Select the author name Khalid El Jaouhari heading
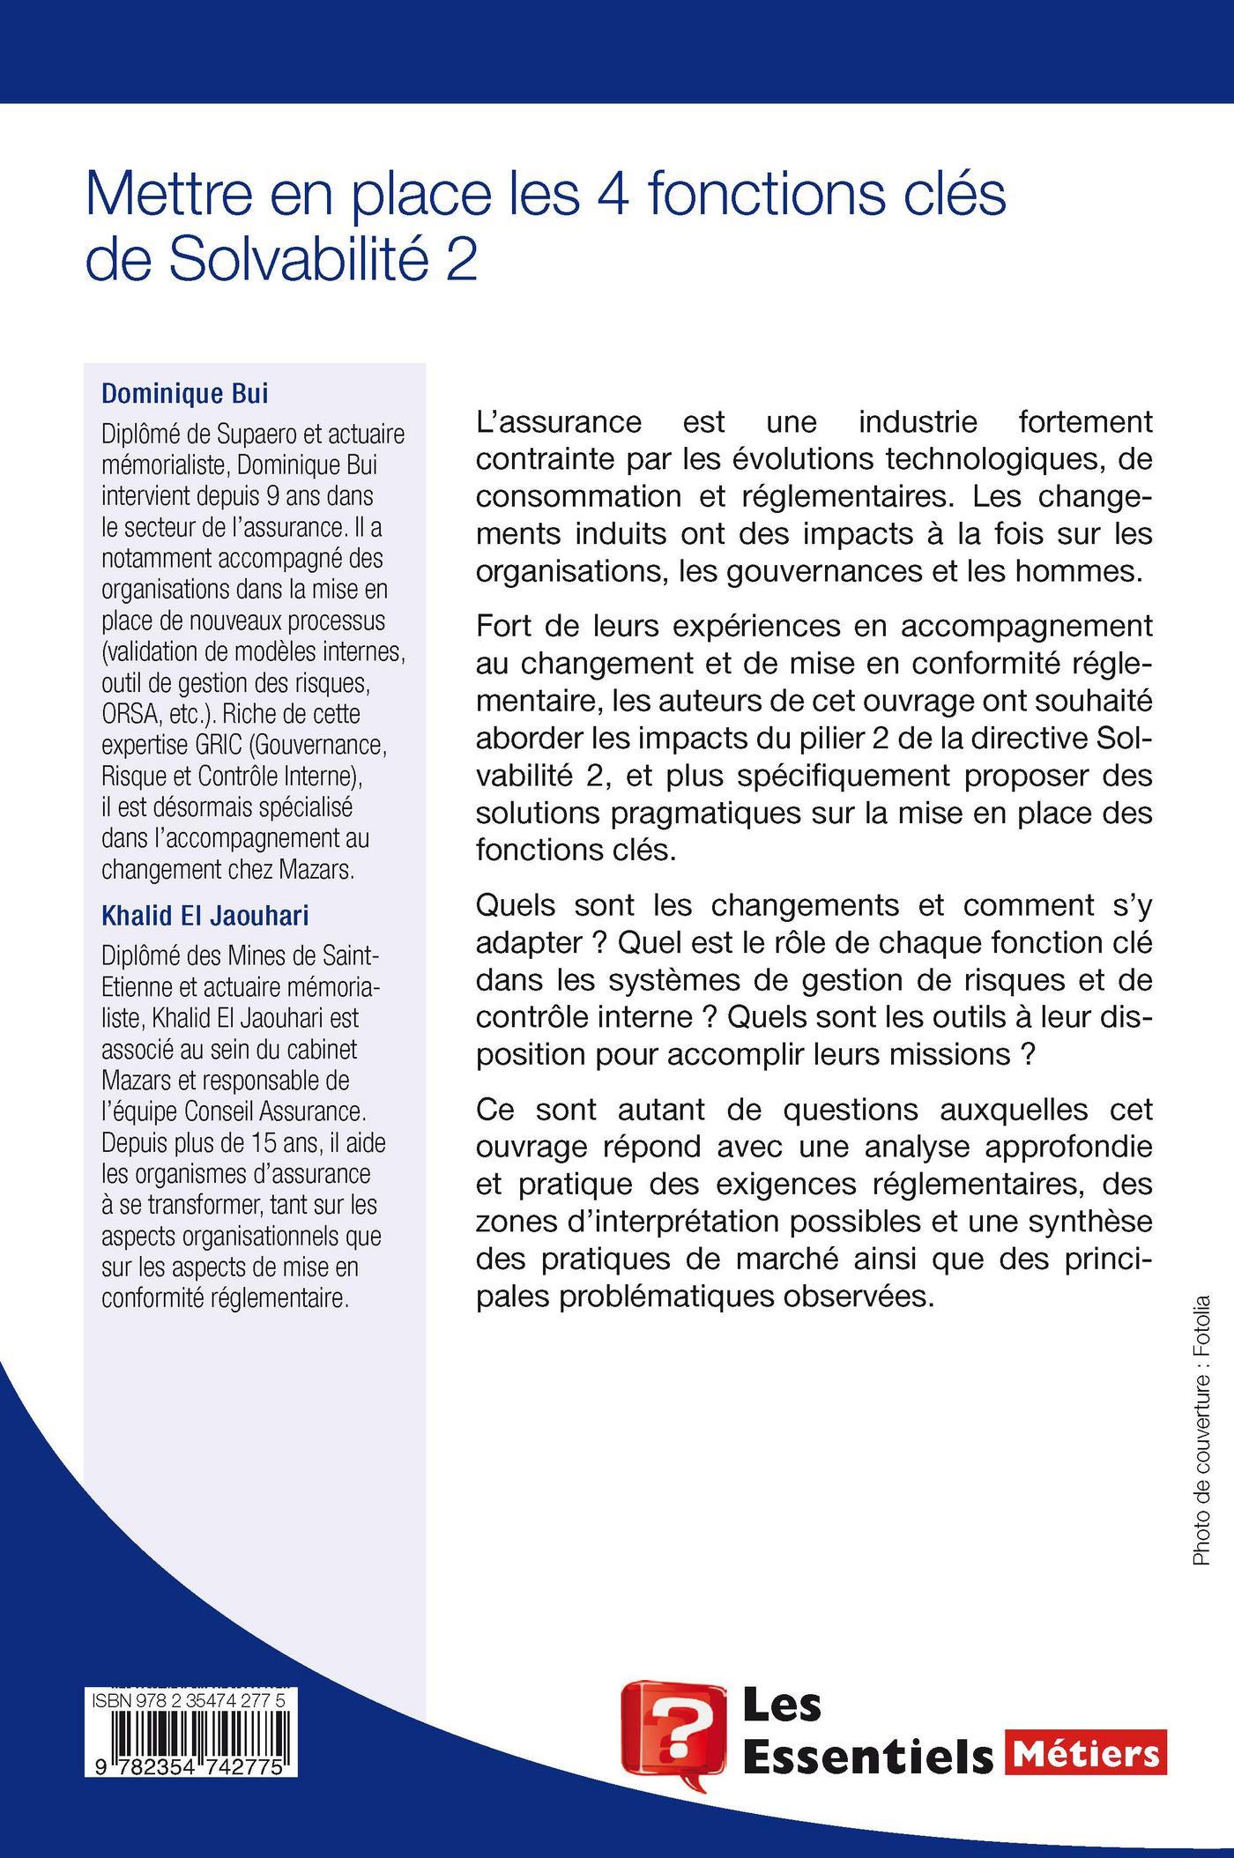(x=205, y=917)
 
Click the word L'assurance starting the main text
(x=558, y=422)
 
